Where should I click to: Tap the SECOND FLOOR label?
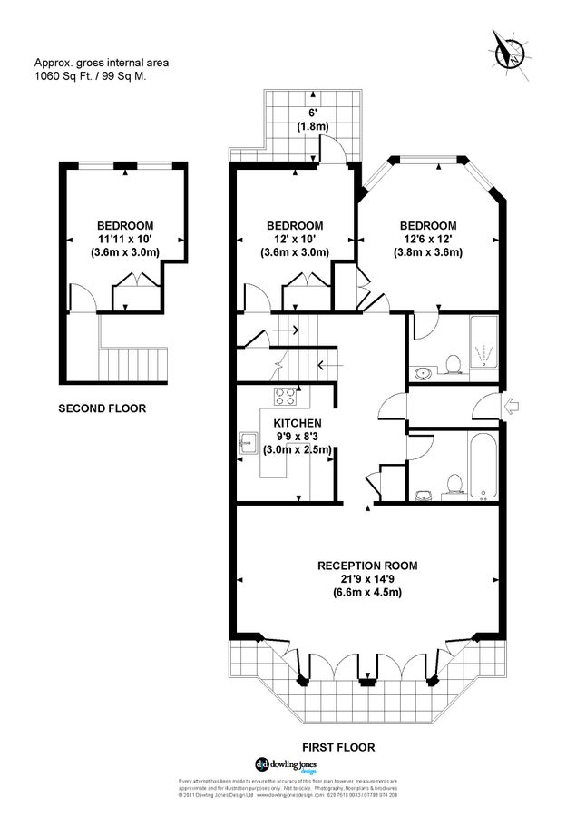tap(102, 408)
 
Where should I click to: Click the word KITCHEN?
tap(297, 423)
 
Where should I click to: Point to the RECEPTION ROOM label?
tap(366, 566)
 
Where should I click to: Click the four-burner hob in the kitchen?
tap(285, 396)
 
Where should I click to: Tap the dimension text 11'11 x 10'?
tap(125, 240)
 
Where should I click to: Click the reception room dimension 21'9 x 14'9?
tap(366, 579)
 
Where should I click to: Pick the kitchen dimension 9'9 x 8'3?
tap(297, 437)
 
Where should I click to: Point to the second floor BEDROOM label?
tap(125, 226)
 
